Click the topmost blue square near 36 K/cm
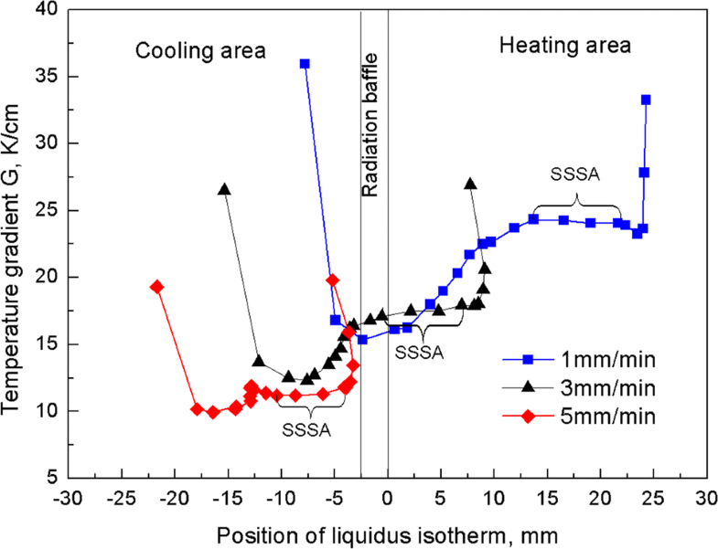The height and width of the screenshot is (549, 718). [x=305, y=64]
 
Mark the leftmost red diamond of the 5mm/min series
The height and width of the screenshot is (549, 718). [x=157, y=287]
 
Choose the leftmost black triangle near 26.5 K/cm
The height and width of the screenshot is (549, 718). [x=224, y=189]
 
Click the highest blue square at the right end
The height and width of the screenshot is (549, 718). [x=646, y=100]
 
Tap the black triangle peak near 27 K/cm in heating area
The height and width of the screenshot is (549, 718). [x=471, y=184]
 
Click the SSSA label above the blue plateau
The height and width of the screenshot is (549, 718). [x=570, y=173]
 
